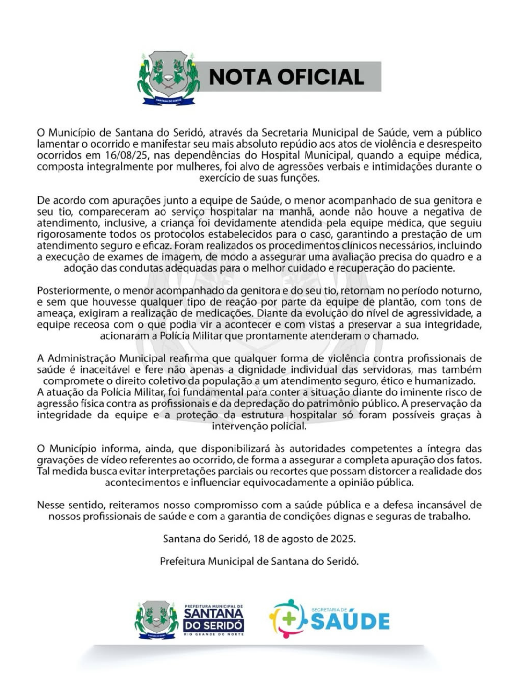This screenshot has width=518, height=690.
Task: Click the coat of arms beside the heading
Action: coord(168,78)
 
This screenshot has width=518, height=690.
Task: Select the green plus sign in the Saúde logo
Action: coord(289,619)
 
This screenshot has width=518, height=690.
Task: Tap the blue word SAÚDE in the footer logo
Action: coord(351,622)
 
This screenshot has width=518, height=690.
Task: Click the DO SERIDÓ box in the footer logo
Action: coord(214,625)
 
